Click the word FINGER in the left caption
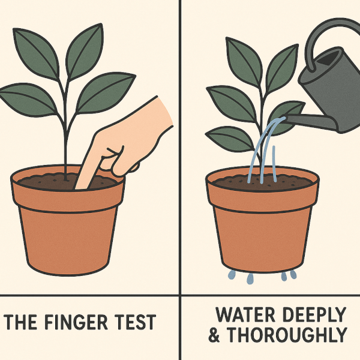pos(76,322)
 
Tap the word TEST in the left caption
pos(135,322)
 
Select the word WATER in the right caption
pos(245,314)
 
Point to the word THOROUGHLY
pos(287,335)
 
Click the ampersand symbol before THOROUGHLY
pos(214,335)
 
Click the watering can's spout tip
pos(285,119)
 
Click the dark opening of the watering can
pos(329,58)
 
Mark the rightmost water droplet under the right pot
pos(293,274)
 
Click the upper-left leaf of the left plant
pos(35,53)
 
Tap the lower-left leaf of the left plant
pos(28,100)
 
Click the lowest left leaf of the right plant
pos(230,139)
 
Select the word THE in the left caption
pos(20,322)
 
